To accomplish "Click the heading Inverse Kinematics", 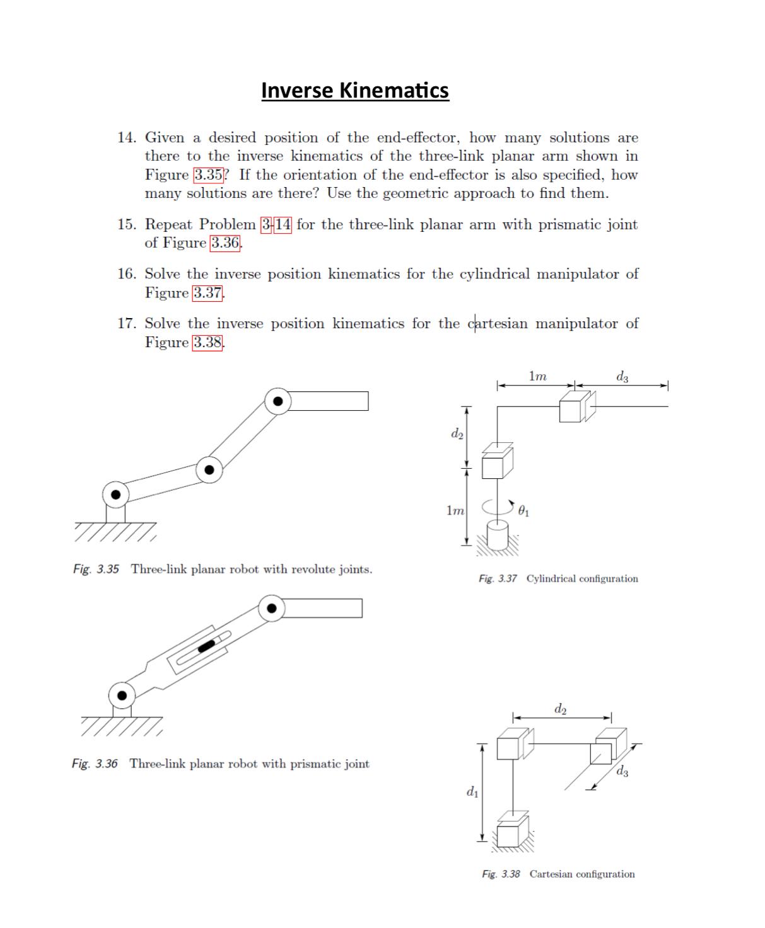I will pos(354,90).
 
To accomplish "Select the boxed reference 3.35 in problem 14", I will pos(208,175).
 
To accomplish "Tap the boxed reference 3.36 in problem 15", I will pos(225,243).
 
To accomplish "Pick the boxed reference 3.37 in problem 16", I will pos(207,293).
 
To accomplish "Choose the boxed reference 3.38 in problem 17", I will pos(207,343).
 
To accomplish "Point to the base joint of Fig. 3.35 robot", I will pos(115,495).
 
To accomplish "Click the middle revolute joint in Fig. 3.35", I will pos(209,469).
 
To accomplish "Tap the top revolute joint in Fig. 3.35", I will pos(277,401).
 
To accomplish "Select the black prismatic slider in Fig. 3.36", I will pos(207,645).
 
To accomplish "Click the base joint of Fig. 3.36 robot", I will pos(122,696).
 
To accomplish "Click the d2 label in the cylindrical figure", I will pos(457,434).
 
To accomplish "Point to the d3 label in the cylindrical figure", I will pos(622,377).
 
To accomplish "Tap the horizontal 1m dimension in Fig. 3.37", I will pos(537,377).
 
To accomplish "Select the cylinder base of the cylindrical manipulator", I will pos(498,537).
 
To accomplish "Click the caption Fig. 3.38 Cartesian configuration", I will pos(558,874).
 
